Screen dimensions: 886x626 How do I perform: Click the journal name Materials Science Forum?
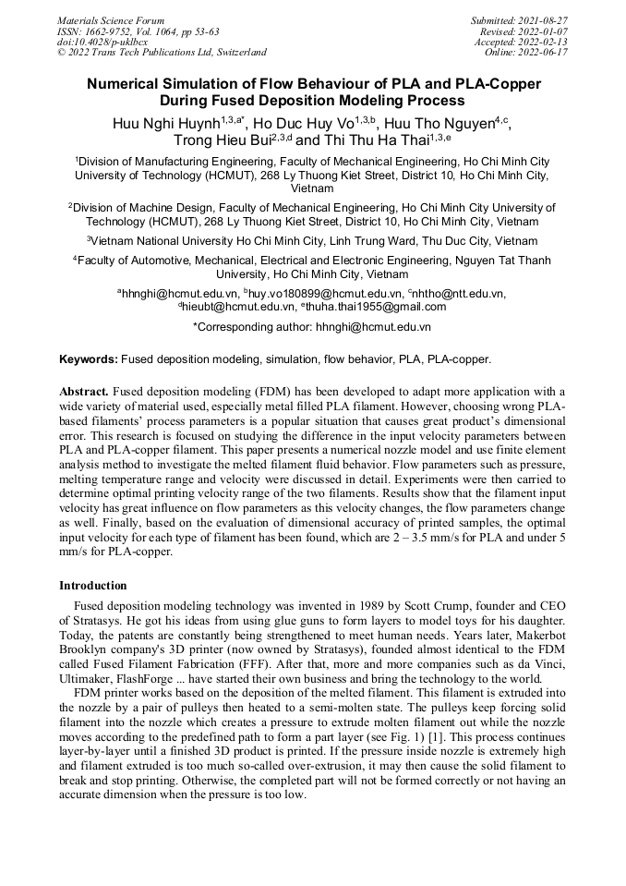coord(111,19)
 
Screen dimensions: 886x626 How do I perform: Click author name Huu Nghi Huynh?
coord(164,123)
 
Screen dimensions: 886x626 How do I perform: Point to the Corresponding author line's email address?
coord(373,326)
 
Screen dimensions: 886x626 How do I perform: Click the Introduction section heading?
coord(93,586)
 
